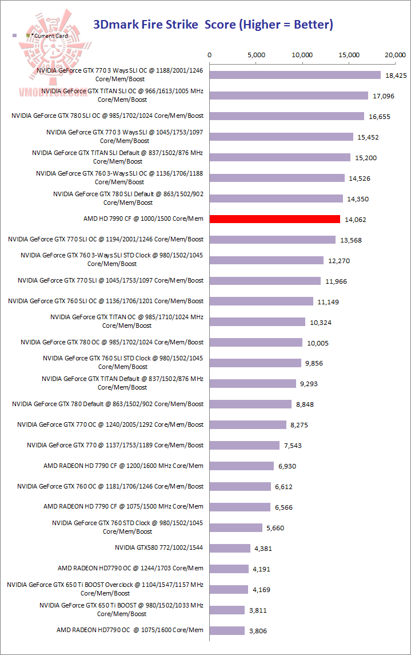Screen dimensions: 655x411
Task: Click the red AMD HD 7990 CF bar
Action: pos(275,219)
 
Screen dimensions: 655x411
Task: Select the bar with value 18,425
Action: pos(295,75)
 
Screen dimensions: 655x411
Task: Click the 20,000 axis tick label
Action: pos(396,55)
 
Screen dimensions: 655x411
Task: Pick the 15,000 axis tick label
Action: pos(349,55)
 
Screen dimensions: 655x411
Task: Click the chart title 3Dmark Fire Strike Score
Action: pos(213,24)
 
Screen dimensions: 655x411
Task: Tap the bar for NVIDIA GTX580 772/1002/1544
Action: pos(230,548)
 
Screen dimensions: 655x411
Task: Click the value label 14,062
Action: pos(355,220)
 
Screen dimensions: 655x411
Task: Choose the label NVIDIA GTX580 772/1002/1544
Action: pos(159,548)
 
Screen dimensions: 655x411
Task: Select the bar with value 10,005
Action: pos(256,342)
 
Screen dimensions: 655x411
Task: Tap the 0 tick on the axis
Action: pos(210,55)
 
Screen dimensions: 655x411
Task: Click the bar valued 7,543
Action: pos(245,445)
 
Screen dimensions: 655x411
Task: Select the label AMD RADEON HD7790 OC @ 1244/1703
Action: pos(130,569)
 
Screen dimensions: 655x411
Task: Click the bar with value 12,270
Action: pos(267,260)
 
